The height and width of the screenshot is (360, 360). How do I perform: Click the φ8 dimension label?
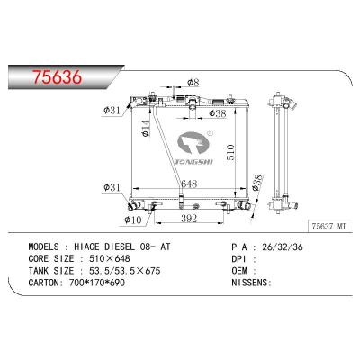pos(193,84)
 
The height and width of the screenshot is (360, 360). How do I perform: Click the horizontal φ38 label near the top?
pos(220,113)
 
